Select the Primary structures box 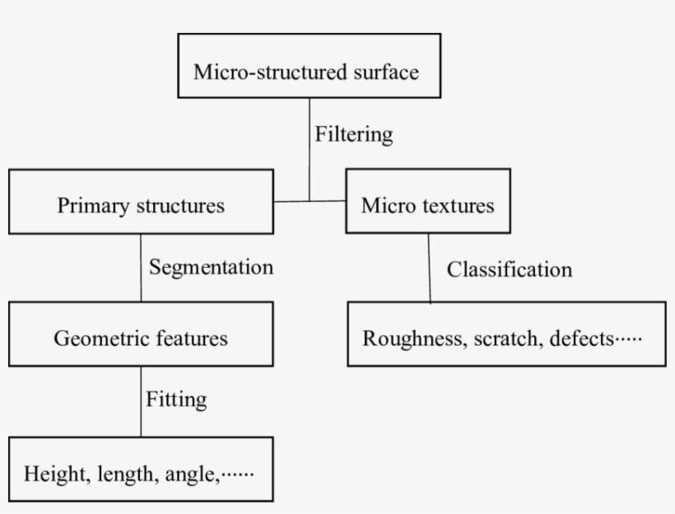click(141, 202)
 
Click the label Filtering click(353, 134)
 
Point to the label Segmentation click(211, 268)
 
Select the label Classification click(509, 269)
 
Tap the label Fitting click(176, 400)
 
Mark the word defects click(580, 339)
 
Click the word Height click(56, 474)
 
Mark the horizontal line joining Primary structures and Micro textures click(309, 201)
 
